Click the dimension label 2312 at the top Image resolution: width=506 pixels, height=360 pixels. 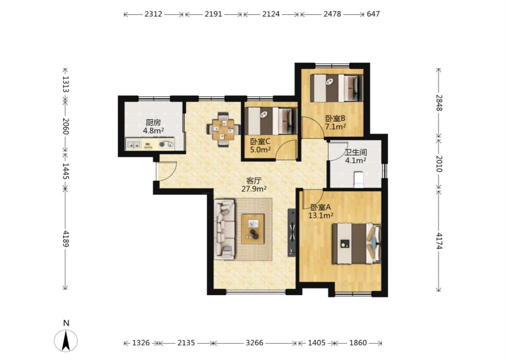click(x=153, y=14)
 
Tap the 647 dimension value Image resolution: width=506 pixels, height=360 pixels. click(x=373, y=14)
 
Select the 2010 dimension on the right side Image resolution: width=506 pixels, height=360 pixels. click(x=439, y=163)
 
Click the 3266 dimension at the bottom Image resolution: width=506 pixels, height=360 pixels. click(x=254, y=343)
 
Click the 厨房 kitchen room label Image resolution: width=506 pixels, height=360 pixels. click(x=153, y=122)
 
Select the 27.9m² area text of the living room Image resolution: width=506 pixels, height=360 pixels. click(x=254, y=189)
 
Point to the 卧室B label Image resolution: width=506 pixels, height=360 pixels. click(x=335, y=118)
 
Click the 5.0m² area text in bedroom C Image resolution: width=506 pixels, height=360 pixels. click(x=260, y=150)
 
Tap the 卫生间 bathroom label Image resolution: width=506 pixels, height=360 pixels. click(x=356, y=152)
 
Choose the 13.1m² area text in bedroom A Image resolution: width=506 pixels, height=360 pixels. click(x=321, y=216)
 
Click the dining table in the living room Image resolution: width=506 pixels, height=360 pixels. click(x=223, y=130)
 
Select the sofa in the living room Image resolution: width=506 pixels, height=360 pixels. click(x=224, y=229)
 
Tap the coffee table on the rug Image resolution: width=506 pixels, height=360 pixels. click(x=253, y=229)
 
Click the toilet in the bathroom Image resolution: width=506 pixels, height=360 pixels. click(x=358, y=180)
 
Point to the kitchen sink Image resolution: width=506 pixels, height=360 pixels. click(x=134, y=144)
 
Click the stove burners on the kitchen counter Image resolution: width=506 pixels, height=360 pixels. click(x=167, y=144)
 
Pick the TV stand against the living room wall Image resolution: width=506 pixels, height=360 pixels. click(x=292, y=232)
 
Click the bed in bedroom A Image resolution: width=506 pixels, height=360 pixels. click(x=356, y=243)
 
